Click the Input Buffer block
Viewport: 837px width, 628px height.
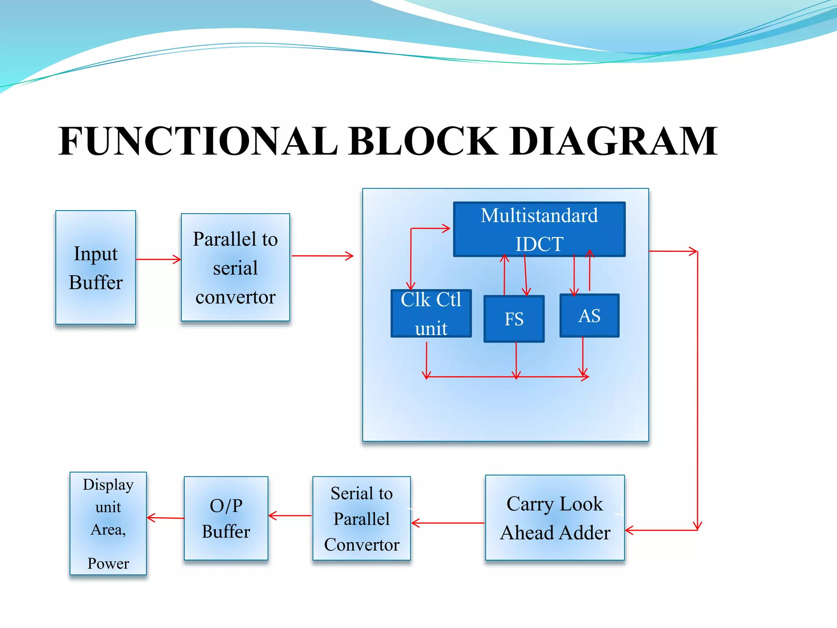pyautogui.click(x=96, y=268)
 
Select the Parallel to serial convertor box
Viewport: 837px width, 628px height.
pyautogui.click(x=235, y=268)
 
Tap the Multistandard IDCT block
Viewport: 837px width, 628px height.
pyautogui.click(x=539, y=229)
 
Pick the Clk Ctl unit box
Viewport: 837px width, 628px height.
pyautogui.click(x=431, y=314)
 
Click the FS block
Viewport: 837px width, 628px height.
pyautogui.click(x=514, y=319)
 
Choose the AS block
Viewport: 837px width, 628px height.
pyautogui.click(x=589, y=316)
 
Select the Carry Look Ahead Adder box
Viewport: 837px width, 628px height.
pyautogui.click(x=555, y=518)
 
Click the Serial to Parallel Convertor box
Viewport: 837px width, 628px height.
pyautogui.click(x=362, y=518)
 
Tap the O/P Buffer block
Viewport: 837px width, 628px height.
pyautogui.click(x=226, y=518)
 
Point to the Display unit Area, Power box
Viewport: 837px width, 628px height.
pyautogui.click(x=108, y=524)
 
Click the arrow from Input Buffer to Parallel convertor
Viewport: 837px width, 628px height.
pyautogui.click(x=159, y=259)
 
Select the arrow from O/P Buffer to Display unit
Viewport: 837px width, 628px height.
pyautogui.click(x=166, y=518)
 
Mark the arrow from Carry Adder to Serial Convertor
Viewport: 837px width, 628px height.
pyautogui.click(x=448, y=523)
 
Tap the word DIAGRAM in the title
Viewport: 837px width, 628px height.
pyautogui.click(x=613, y=141)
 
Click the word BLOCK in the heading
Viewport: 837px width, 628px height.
pyautogui.click(x=423, y=141)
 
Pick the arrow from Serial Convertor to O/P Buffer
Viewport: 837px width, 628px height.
pyautogui.click(x=290, y=516)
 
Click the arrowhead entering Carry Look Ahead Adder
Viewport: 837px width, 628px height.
pyautogui.click(x=629, y=531)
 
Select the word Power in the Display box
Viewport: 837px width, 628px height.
pyautogui.click(x=108, y=563)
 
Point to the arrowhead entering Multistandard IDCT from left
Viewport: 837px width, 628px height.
pyautogui.click(x=446, y=228)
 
